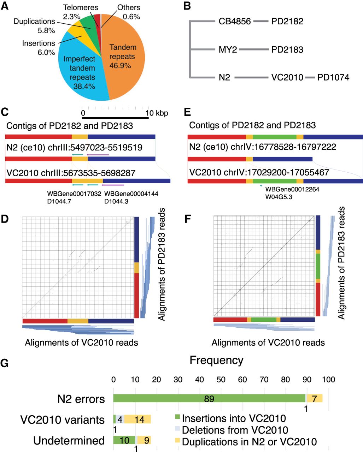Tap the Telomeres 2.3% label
click(81, 12)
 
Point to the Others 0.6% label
click(129, 12)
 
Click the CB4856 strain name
click(235, 22)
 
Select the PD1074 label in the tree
click(333, 77)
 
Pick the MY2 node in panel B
click(228, 49)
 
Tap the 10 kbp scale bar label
click(157, 113)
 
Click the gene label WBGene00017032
click(74, 194)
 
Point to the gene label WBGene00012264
click(292, 190)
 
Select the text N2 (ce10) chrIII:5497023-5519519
click(74, 147)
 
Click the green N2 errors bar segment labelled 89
click(209, 399)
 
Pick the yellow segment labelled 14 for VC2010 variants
click(139, 419)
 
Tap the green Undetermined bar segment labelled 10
click(124, 440)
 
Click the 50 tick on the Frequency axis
click(221, 380)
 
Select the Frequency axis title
click(216, 360)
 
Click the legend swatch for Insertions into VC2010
click(178, 419)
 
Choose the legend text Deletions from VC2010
click(235, 430)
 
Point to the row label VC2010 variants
click(63, 420)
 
